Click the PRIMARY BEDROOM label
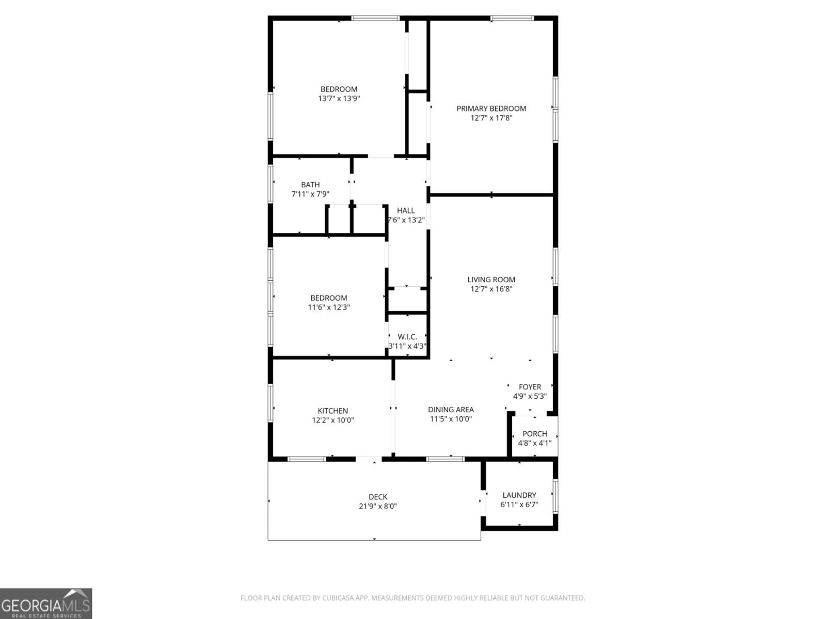[491, 108]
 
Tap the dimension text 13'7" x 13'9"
[339, 99]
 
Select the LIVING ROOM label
[491, 280]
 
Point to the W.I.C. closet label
[407, 337]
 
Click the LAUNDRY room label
[519, 495]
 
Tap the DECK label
[378, 497]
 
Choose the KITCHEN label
[333, 411]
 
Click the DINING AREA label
[451, 410]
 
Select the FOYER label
[530, 387]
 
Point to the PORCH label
[534, 434]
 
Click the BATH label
[310, 185]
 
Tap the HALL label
[406, 210]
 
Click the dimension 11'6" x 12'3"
[329, 307]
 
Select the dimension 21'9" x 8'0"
[378, 507]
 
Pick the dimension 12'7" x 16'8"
[491, 289]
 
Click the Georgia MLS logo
[46, 604]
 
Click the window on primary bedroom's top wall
[512, 19]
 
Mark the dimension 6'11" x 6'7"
[519, 504]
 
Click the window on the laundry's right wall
[555, 495]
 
